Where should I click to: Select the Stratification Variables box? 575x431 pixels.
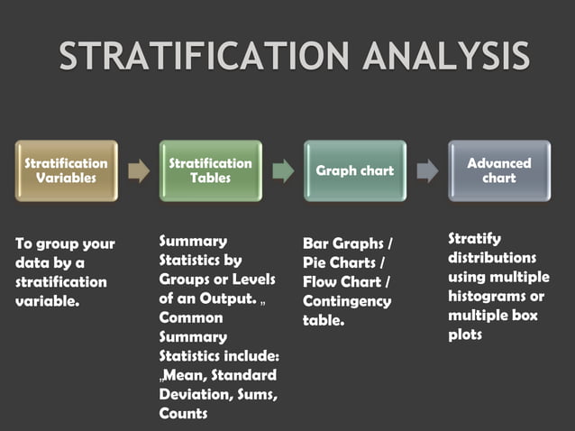click(66, 170)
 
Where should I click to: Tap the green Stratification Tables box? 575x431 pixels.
click(211, 170)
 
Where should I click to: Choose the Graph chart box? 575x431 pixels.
click(355, 170)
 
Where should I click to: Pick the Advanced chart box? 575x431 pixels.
click(499, 170)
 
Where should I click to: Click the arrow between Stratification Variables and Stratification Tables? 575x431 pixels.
click(139, 170)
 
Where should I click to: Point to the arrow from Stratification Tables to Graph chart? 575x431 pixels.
click(283, 170)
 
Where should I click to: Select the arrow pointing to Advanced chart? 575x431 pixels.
click(427, 170)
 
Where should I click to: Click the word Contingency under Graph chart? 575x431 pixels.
click(347, 300)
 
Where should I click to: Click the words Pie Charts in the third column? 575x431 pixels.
click(340, 262)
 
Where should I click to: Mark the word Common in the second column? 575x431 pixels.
click(188, 317)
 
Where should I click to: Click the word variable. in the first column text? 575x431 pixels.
click(48, 301)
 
